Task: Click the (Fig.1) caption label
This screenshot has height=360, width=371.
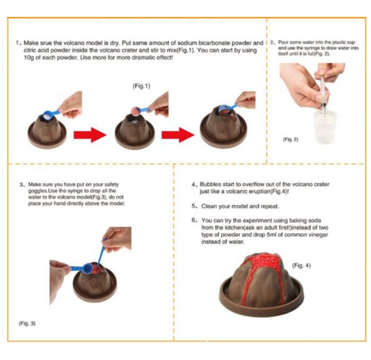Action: click(x=142, y=86)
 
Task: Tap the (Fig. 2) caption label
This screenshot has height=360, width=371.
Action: click(x=290, y=139)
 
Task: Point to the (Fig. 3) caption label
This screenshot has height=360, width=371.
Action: click(x=27, y=323)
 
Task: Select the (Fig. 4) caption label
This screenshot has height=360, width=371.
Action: click(x=301, y=265)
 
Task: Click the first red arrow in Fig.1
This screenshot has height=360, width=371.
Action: click(x=90, y=135)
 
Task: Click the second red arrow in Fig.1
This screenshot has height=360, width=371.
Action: click(x=178, y=135)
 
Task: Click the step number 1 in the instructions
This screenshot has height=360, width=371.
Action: click(x=17, y=43)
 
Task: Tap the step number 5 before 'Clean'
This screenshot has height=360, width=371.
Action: click(x=193, y=206)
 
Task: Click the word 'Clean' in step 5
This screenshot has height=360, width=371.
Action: click(x=209, y=206)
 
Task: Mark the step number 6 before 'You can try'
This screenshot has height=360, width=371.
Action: click(x=193, y=220)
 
